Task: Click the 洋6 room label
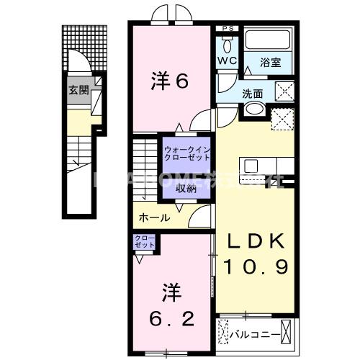[x=170, y=81]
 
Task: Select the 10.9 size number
[x=256, y=266]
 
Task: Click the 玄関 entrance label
[x=78, y=91]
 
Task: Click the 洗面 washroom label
[x=252, y=93]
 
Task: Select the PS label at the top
[x=228, y=29]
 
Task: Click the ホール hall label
[x=155, y=217]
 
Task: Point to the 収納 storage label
[x=186, y=189]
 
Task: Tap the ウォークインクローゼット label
[x=186, y=153]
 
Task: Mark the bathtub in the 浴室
[x=267, y=40]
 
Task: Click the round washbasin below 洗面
[x=253, y=109]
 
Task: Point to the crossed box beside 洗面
[x=284, y=91]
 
